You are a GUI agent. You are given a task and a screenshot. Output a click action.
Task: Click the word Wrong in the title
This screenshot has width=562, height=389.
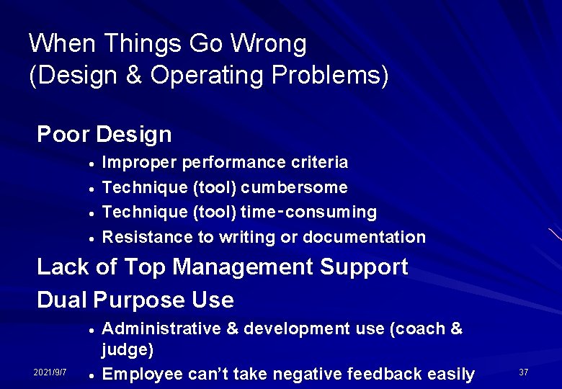click(268, 44)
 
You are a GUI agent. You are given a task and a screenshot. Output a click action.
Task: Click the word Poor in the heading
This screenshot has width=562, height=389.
click(63, 134)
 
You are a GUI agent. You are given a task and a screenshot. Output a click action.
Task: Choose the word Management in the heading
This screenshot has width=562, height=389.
click(244, 267)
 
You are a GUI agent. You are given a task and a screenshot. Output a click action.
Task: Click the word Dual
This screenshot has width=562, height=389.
click(63, 300)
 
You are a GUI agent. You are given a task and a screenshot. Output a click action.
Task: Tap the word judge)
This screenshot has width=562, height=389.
click(128, 350)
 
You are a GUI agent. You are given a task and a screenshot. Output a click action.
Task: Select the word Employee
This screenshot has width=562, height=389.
click(142, 374)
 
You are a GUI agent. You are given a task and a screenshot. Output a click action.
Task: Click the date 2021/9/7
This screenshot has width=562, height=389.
click(50, 372)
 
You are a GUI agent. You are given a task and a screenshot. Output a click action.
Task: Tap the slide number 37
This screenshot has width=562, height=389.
click(524, 372)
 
